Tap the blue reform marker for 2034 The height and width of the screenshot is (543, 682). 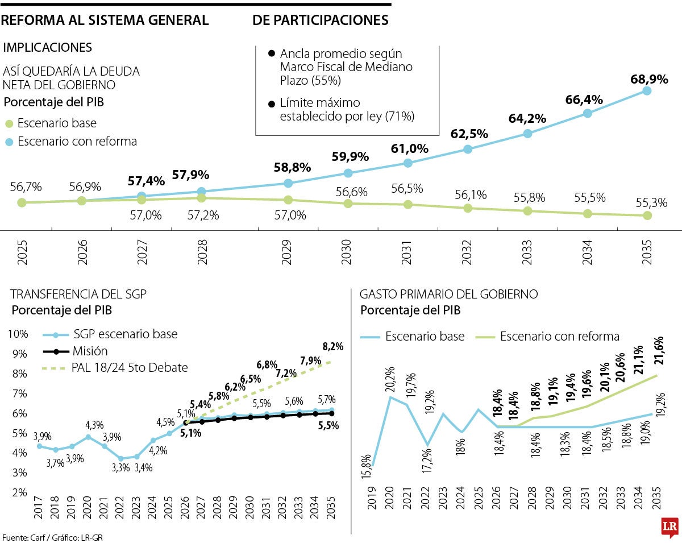(x=588, y=113)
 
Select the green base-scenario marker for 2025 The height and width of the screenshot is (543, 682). (x=22, y=202)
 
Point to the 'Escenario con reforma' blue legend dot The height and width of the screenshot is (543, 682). (x=9, y=142)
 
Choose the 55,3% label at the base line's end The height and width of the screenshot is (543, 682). (x=651, y=203)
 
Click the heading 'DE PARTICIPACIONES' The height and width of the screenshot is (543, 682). (x=321, y=20)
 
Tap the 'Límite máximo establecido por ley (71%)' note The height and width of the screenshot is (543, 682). (x=347, y=110)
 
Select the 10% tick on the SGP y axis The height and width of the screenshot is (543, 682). (x=19, y=334)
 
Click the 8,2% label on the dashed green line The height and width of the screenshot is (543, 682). (x=332, y=346)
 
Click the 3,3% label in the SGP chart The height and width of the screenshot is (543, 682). (x=120, y=467)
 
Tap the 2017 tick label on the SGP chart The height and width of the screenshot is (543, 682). (x=39, y=508)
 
